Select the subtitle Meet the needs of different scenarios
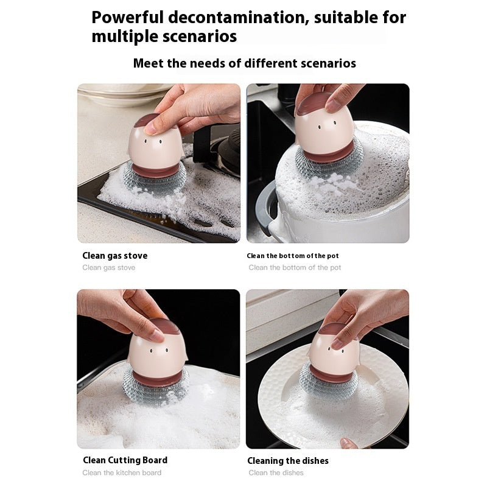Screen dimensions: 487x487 point(244,63)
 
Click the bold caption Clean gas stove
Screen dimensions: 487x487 point(115,256)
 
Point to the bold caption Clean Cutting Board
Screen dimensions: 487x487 point(125,460)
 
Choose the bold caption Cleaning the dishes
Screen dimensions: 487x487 point(288,461)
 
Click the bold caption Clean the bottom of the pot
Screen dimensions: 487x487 point(293,256)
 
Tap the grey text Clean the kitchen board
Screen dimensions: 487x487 point(122,473)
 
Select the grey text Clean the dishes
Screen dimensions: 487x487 point(276,473)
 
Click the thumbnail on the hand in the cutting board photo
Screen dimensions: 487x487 point(158,335)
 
